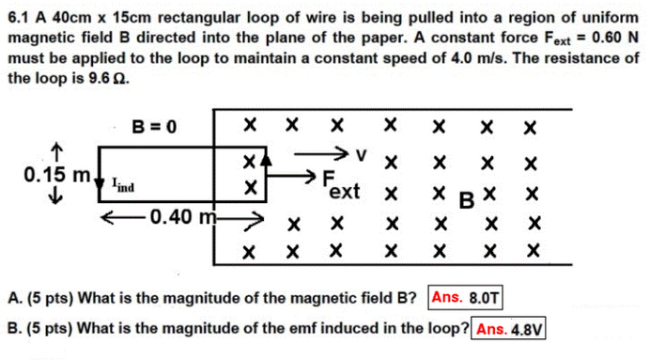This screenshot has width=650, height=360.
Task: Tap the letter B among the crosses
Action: [464, 199]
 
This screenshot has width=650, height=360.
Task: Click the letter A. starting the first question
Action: [13, 299]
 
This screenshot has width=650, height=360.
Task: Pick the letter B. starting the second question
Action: [13, 329]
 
